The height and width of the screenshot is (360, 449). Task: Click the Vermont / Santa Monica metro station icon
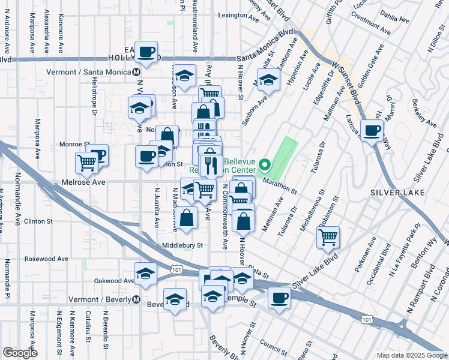tap(136, 72)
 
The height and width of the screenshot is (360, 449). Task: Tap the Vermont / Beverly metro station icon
tap(136, 299)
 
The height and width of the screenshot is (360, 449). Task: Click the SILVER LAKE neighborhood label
tap(398, 192)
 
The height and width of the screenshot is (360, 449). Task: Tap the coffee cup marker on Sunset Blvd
tap(372, 130)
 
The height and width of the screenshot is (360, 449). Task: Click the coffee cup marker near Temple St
tap(279, 297)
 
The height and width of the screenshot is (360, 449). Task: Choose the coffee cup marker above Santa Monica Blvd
tap(146, 52)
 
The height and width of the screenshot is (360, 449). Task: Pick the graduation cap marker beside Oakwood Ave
tap(145, 274)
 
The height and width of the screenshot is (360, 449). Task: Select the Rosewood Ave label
tap(46, 259)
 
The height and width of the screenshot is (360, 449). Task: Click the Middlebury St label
tap(182, 245)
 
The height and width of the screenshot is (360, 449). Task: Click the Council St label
tap(274, 346)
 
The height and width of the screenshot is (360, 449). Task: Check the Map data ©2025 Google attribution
tap(411, 355)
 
